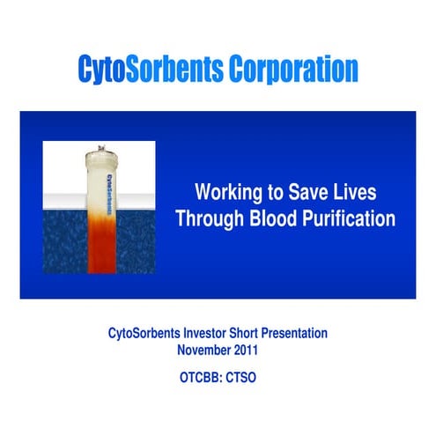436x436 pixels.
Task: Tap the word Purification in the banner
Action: point(350,218)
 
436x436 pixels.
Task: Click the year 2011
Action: point(245,349)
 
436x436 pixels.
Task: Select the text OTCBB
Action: point(198,375)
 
